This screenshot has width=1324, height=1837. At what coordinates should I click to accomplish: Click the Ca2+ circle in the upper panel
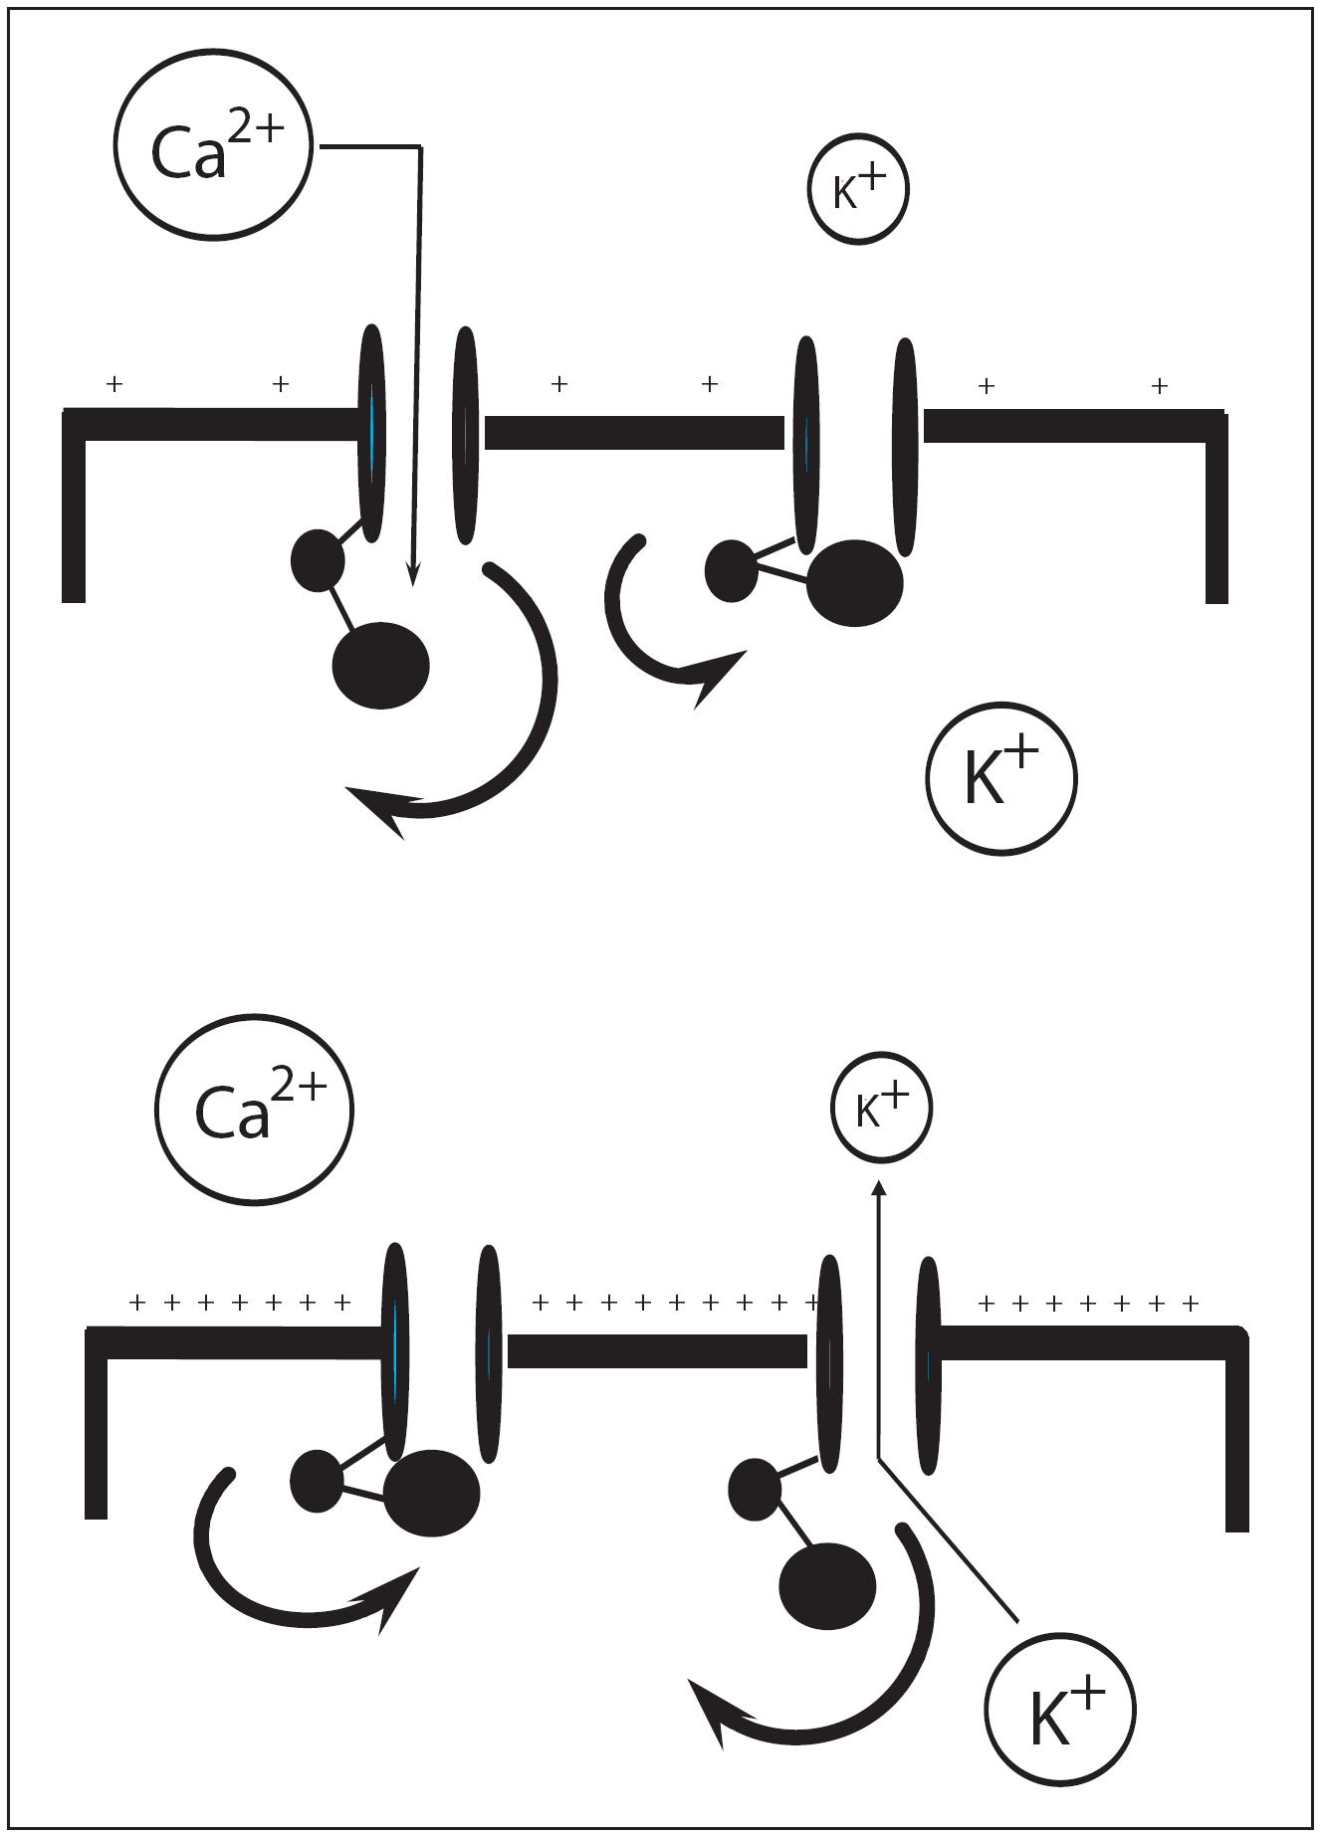(213, 145)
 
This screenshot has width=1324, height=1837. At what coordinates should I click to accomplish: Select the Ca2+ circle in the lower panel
(255, 1110)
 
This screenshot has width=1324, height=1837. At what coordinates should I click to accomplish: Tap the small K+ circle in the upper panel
(858, 189)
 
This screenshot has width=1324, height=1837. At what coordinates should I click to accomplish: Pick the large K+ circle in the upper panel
(1001, 778)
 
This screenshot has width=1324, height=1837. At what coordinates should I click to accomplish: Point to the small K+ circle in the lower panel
(881, 1107)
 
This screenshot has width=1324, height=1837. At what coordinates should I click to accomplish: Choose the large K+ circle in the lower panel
(1060, 1711)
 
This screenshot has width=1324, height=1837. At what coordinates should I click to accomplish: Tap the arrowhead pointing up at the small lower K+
(878, 1188)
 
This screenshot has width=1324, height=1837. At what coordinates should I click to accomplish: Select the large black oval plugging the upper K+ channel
(854, 583)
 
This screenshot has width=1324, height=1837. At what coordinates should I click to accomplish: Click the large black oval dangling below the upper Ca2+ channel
(380, 665)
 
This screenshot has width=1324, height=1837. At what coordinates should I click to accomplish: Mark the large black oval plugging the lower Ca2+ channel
(431, 1493)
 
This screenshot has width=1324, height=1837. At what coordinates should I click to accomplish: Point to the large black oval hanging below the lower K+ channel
(827, 1586)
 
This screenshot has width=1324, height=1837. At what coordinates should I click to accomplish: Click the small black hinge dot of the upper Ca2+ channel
(318, 560)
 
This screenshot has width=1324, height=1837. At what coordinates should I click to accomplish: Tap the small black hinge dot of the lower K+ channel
(756, 1490)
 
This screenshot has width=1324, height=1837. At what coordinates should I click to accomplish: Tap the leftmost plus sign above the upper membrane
(114, 383)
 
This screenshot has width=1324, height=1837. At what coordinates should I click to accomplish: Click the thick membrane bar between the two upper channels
(634, 433)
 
